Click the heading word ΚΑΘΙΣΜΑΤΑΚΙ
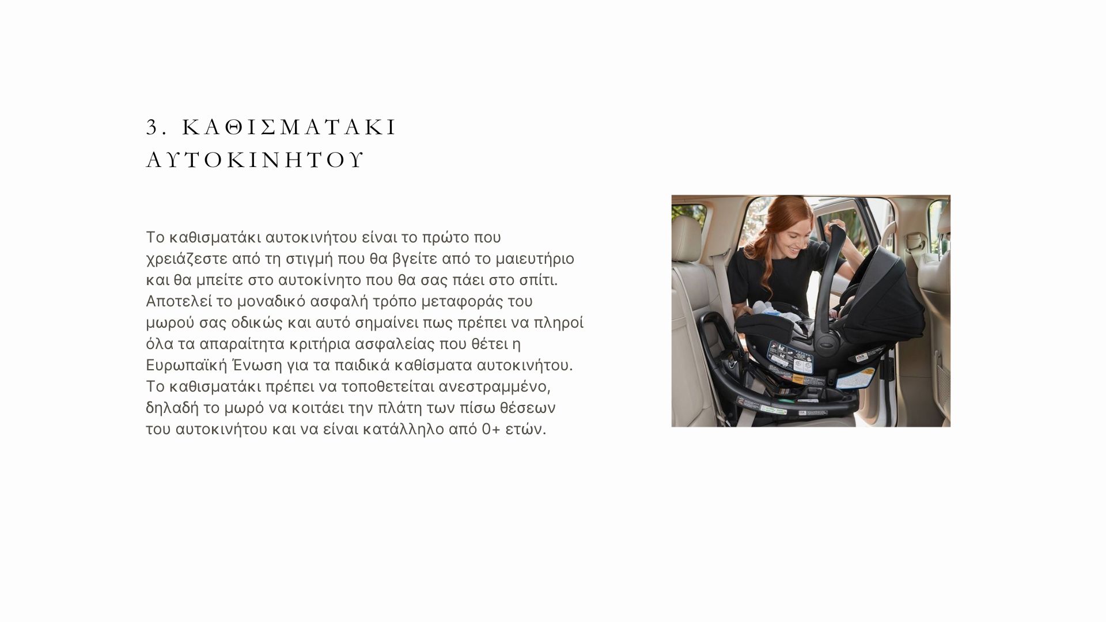click(x=290, y=127)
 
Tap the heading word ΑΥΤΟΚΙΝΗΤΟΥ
click(x=255, y=160)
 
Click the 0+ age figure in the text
click(x=491, y=430)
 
